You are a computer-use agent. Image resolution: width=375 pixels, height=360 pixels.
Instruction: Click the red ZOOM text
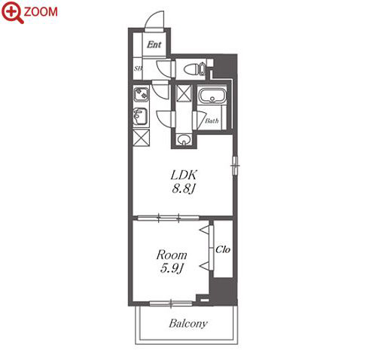tap(41, 12)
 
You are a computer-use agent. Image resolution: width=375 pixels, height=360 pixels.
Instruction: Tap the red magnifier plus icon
tap(12, 12)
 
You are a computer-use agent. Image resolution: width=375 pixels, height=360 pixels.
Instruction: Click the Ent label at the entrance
tap(154, 44)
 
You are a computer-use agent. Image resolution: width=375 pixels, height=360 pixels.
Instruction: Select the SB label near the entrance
tap(138, 69)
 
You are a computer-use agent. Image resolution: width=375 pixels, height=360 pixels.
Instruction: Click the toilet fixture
tap(195, 69)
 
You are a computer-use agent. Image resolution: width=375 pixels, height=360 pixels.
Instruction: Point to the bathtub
tap(212, 96)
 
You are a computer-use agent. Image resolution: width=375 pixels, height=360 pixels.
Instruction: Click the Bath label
tap(212, 121)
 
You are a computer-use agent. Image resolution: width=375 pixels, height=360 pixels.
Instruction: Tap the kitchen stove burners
tap(141, 93)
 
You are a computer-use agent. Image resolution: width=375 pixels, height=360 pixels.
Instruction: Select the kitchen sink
tap(140, 116)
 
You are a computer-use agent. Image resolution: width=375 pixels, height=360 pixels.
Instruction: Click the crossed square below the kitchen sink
tap(142, 138)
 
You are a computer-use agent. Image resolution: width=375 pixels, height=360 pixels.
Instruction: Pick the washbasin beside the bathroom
tap(184, 139)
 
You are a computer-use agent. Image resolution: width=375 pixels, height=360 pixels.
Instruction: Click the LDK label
tap(184, 175)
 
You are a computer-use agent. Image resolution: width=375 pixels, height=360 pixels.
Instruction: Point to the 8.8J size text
tap(184, 188)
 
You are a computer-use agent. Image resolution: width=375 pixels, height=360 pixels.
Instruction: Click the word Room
tap(172, 255)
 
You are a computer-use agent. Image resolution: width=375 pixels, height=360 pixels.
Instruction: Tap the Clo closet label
tap(223, 249)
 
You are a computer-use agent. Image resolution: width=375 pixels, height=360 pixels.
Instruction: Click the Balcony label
tap(188, 323)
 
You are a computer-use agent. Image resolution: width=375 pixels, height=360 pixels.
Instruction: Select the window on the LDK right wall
tap(235, 165)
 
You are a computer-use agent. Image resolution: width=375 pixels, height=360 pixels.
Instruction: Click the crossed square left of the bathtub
tap(184, 93)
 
